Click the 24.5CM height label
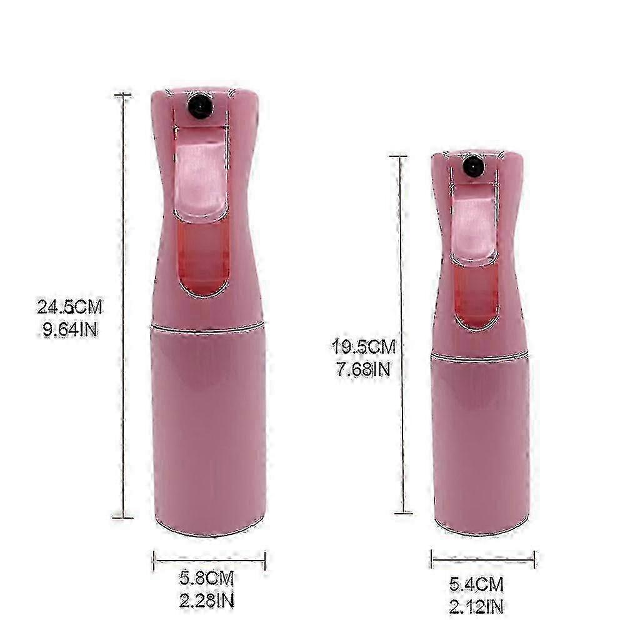70,307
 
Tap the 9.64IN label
71,329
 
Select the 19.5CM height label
363,347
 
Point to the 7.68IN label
363,369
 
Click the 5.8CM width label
206,578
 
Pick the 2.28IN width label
207,600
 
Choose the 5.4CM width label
476,584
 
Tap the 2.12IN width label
476,606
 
